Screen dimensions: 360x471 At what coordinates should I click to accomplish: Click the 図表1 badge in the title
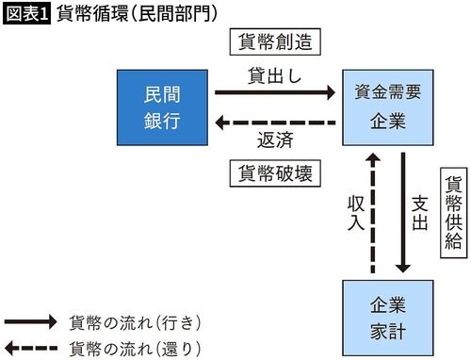(28, 13)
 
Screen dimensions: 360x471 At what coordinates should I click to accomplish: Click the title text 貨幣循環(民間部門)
(137, 13)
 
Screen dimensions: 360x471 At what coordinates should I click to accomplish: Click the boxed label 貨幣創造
(273, 43)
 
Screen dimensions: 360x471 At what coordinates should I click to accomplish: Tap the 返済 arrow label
(274, 141)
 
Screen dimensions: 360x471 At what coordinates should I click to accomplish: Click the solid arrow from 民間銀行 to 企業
(274, 92)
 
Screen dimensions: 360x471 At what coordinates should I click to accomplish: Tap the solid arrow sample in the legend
(30, 322)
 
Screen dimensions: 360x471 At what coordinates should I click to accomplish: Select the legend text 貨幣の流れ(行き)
(136, 322)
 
